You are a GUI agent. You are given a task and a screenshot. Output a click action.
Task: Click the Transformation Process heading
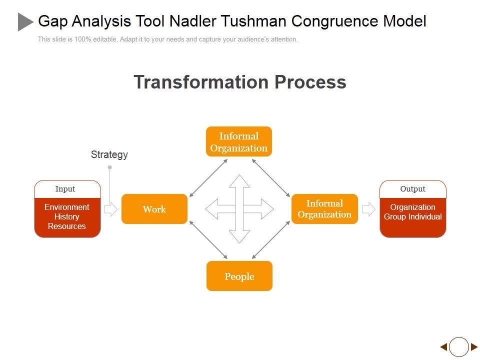click(x=240, y=82)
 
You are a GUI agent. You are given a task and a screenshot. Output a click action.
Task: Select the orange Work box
click(x=154, y=209)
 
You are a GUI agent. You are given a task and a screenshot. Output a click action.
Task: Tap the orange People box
click(x=239, y=276)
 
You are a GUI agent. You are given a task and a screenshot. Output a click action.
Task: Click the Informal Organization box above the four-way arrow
click(x=239, y=141)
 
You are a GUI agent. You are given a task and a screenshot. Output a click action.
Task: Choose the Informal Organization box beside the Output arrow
click(x=324, y=209)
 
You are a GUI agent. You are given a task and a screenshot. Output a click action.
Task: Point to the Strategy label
click(x=109, y=154)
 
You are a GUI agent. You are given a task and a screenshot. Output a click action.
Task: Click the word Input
click(x=65, y=189)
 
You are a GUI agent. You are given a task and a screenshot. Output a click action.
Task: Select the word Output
click(x=412, y=189)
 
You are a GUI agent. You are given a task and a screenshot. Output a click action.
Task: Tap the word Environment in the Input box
click(x=67, y=207)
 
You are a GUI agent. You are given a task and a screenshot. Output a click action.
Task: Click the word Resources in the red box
click(x=67, y=226)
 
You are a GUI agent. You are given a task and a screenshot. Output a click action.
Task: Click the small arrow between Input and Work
click(x=110, y=209)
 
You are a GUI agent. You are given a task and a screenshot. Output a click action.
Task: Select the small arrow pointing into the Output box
click(x=368, y=209)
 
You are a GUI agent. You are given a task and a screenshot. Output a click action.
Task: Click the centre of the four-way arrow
click(x=239, y=209)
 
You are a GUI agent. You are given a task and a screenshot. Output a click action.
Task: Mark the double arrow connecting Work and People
click(x=208, y=239)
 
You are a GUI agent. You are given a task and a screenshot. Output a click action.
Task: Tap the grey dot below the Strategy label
click(x=109, y=167)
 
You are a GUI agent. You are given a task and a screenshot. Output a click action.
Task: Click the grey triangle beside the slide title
click(x=25, y=21)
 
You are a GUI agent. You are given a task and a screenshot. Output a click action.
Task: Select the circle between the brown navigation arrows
click(x=458, y=346)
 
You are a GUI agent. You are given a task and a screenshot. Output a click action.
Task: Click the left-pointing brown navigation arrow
click(x=443, y=346)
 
